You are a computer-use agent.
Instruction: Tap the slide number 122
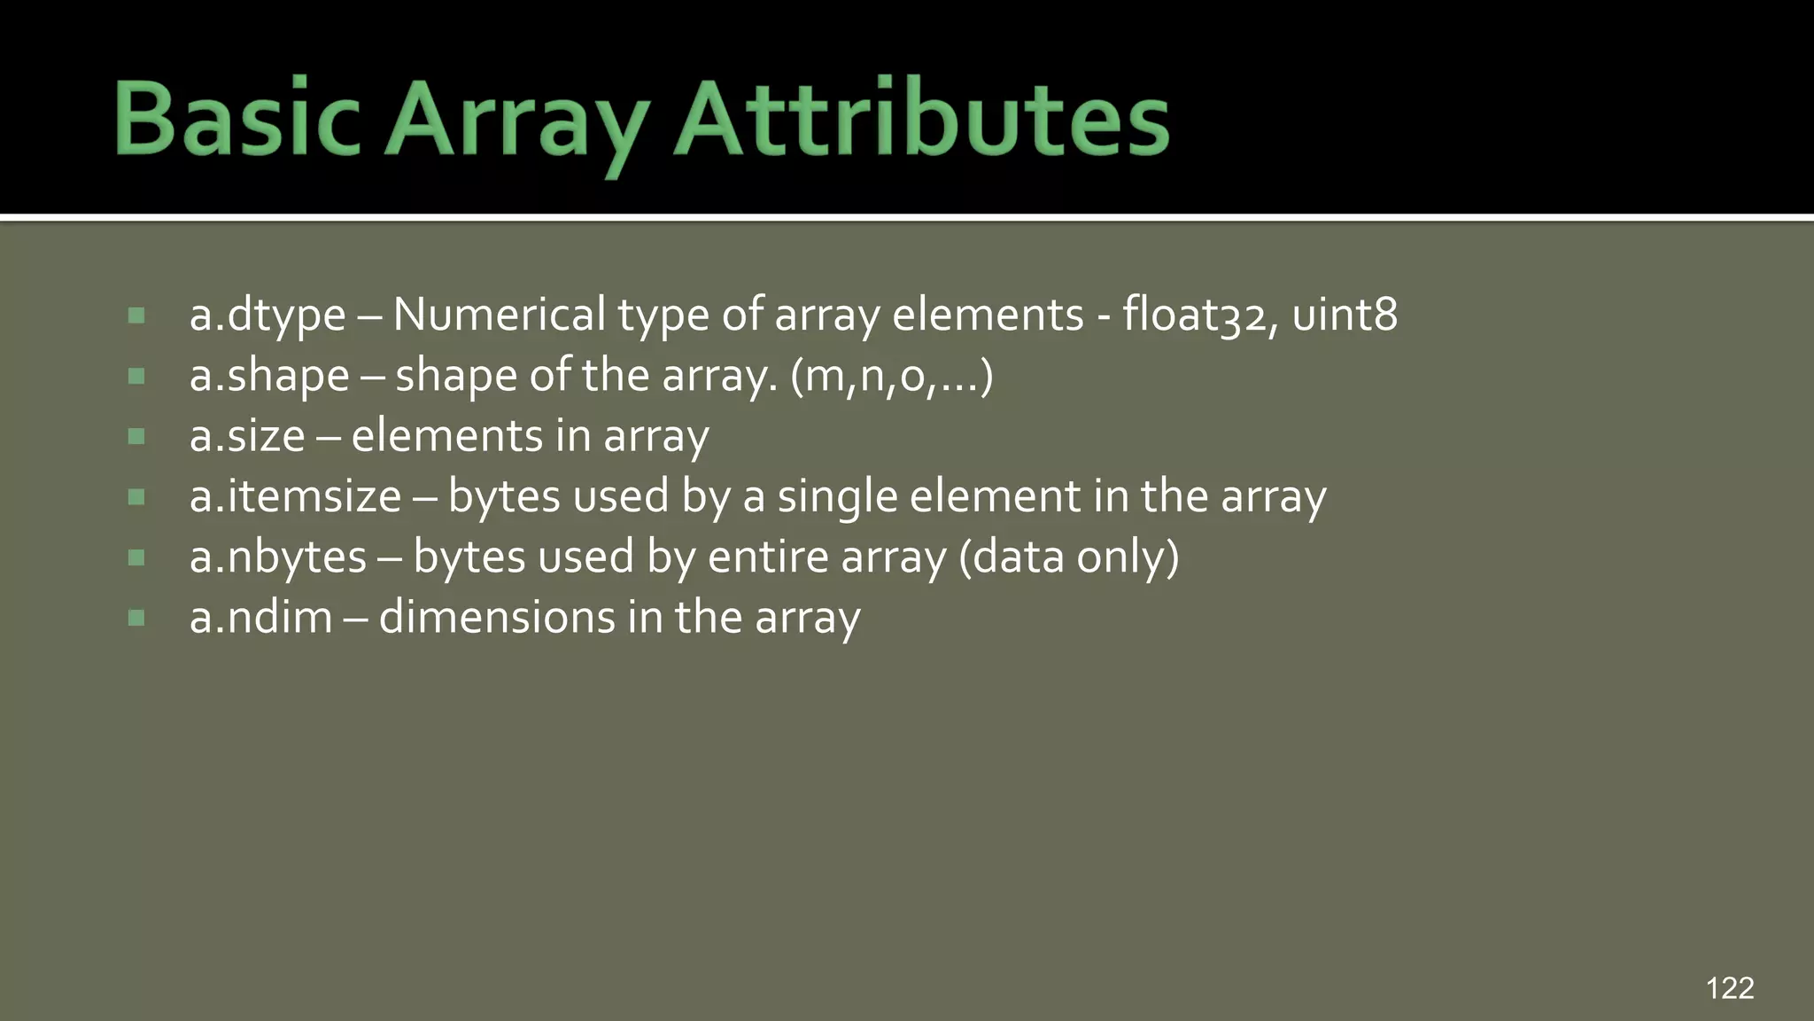(1729, 987)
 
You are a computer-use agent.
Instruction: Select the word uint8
(1345, 315)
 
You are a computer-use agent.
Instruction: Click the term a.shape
(269, 377)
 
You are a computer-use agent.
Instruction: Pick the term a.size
(247, 436)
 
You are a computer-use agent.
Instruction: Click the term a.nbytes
(277, 557)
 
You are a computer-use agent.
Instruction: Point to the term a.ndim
(260, 617)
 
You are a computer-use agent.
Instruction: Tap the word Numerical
(499, 315)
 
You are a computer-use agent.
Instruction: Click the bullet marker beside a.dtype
(136, 316)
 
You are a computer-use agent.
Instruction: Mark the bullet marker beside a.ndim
(136, 618)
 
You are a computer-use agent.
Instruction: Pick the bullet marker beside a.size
(136, 436)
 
